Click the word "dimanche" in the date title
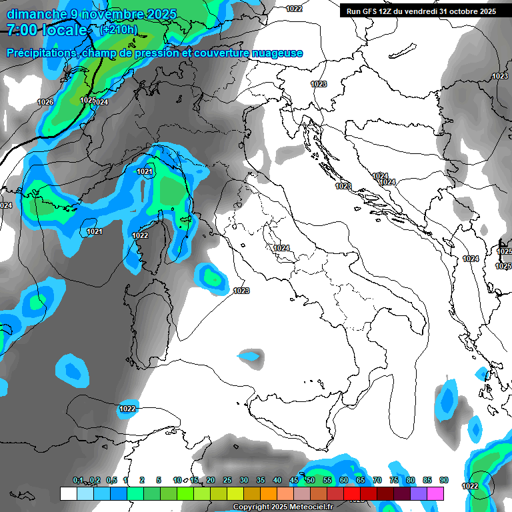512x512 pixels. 37,14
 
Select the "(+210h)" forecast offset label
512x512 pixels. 118,30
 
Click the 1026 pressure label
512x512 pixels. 45,102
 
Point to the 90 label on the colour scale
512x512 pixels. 444,481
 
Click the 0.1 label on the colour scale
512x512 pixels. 78,481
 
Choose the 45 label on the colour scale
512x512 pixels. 294,481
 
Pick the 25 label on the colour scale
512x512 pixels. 227,481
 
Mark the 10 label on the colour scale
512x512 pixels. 177,481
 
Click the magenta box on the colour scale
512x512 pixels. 435,493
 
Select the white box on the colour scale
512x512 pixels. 69,493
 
